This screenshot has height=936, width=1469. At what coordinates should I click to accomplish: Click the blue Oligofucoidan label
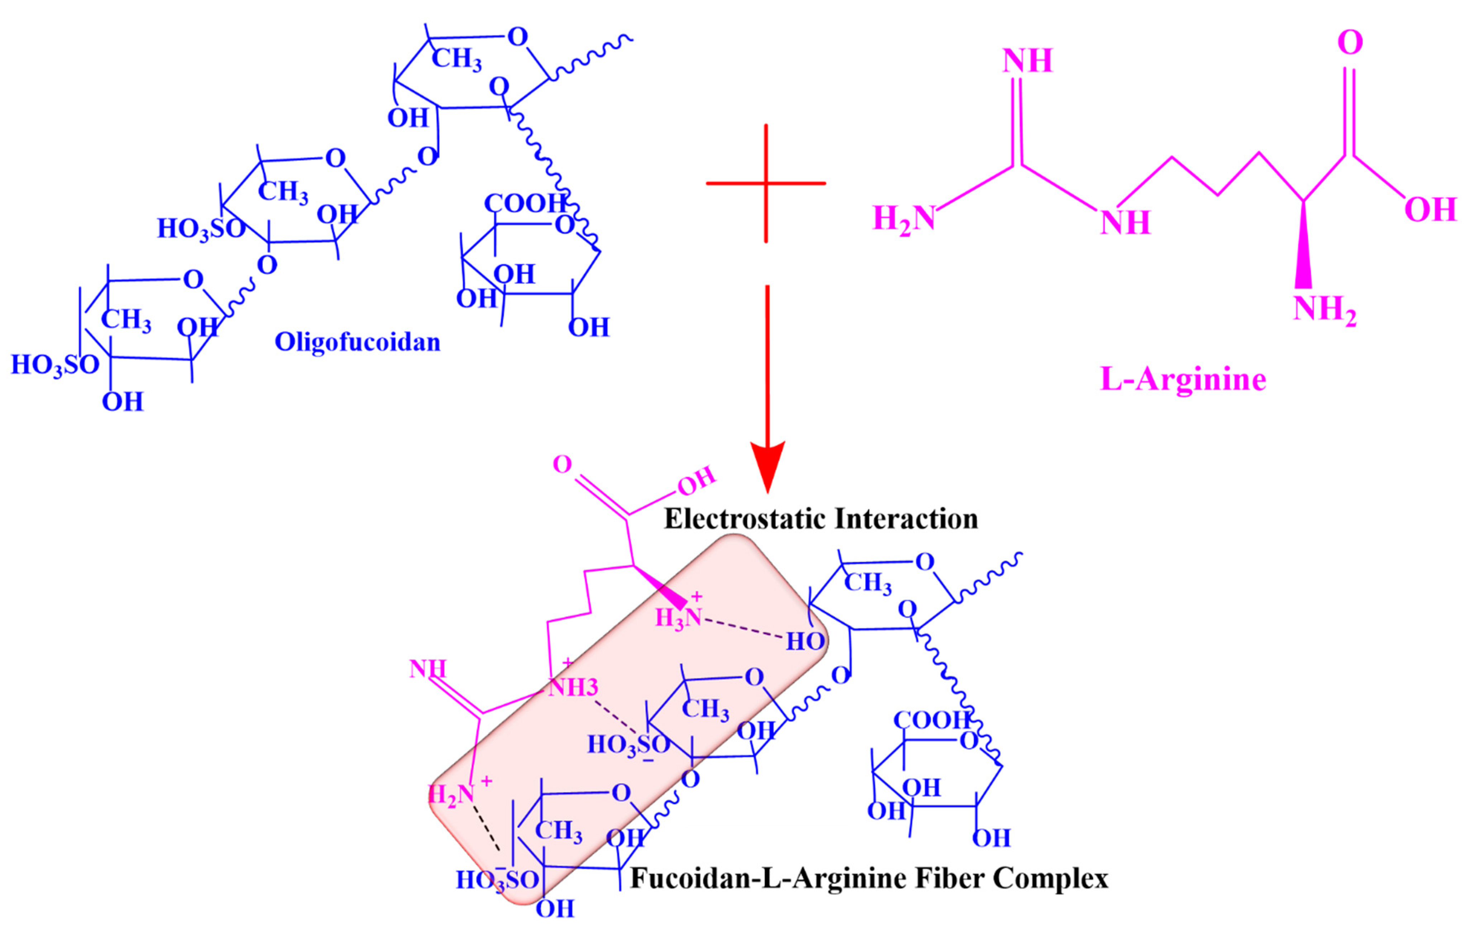point(357,342)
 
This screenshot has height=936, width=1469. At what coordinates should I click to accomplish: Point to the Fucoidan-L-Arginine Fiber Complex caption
point(869,879)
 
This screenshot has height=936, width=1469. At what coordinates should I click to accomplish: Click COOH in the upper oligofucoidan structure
point(525,203)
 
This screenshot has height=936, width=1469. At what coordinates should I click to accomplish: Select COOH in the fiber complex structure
point(931,721)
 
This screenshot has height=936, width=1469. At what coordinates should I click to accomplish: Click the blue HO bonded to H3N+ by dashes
point(805,641)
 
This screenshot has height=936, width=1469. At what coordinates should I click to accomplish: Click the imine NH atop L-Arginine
point(1028,61)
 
